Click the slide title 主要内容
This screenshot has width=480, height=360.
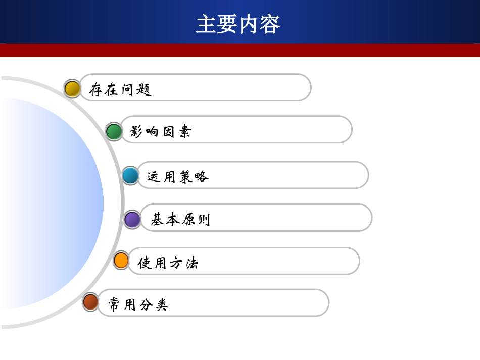[x=238, y=24]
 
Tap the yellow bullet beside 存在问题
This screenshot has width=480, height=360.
[x=72, y=89]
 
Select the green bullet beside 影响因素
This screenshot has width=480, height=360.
[x=114, y=132]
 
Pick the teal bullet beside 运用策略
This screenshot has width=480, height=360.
[x=130, y=176]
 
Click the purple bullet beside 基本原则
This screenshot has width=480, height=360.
[x=132, y=220]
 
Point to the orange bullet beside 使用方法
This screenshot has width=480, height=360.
[x=121, y=261]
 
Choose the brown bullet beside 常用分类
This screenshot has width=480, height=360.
[x=91, y=302]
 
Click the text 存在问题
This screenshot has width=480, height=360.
[x=120, y=90]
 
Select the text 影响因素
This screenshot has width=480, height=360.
[x=161, y=132]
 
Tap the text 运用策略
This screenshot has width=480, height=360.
[x=178, y=176]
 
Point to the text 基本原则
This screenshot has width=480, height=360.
[x=180, y=220]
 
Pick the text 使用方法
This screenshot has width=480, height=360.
[x=168, y=263]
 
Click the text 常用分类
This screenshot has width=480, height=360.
[x=138, y=304]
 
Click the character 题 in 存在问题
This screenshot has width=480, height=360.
[x=144, y=90]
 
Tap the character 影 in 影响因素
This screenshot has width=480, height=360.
[x=137, y=132]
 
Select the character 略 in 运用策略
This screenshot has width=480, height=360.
[x=201, y=176]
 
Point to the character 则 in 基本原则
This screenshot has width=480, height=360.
[x=203, y=220]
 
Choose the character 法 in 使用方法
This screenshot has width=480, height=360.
[x=191, y=263]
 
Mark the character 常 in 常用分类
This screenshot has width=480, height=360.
[x=115, y=304]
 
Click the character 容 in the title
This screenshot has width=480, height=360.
[x=270, y=24]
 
